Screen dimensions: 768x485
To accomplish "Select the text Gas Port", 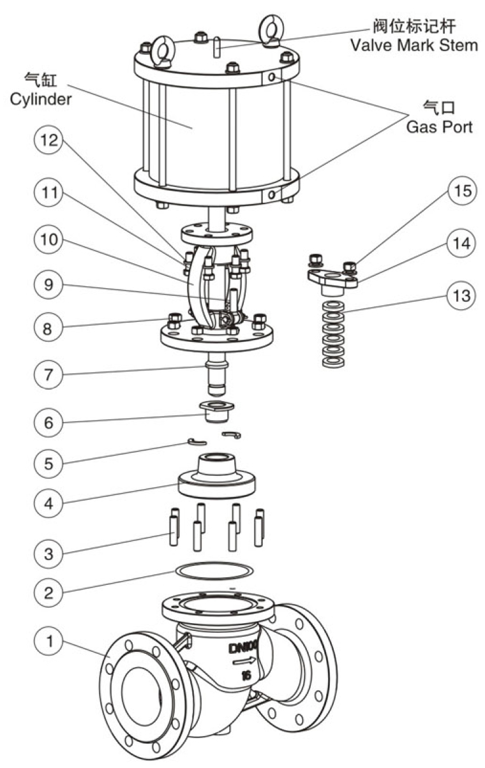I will click(x=440, y=127).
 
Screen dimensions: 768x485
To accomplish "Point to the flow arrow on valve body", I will click(x=246, y=663).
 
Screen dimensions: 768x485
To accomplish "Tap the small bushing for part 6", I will click(x=217, y=411).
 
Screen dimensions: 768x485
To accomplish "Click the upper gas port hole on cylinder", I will click(x=272, y=77).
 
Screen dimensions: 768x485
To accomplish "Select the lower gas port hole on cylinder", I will click(x=272, y=193).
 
